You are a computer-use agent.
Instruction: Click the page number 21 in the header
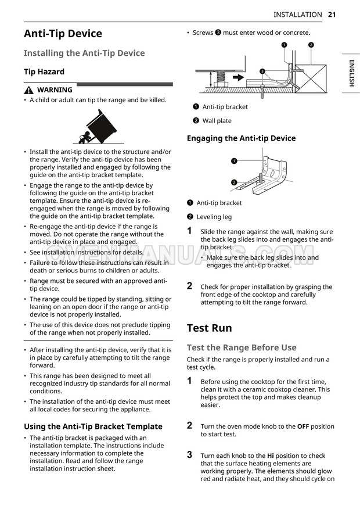click(x=332, y=15)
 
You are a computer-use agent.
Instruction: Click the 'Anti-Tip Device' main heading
click(x=63, y=34)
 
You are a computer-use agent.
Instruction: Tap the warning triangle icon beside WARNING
click(x=28, y=90)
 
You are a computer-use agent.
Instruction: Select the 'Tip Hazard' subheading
click(x=44, y=71)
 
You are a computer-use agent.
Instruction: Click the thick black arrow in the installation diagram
click(x=239, y=76)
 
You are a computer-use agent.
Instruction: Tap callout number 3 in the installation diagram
click(x=262, y=71)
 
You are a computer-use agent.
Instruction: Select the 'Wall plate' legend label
click(x=217, y=121)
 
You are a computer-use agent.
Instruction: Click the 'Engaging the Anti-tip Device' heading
click(x=241, y=138)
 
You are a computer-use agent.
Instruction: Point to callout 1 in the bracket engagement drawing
click(x=233, y=160)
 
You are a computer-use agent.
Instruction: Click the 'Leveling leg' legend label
click(x=214, y=217)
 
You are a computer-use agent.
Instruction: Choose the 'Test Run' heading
click(x=209, y=328)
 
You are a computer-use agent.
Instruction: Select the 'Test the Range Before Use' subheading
click(x=242, y=347)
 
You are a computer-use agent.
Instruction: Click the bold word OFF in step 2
click(x=303, y=426)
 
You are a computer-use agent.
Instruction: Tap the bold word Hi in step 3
click(x=270, y=456)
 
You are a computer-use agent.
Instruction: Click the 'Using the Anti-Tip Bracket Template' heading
click(x=93, y=426)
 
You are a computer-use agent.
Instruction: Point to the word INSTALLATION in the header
click(x=297, y=15)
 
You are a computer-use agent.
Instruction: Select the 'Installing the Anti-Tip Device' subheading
click(x=84, y=53)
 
